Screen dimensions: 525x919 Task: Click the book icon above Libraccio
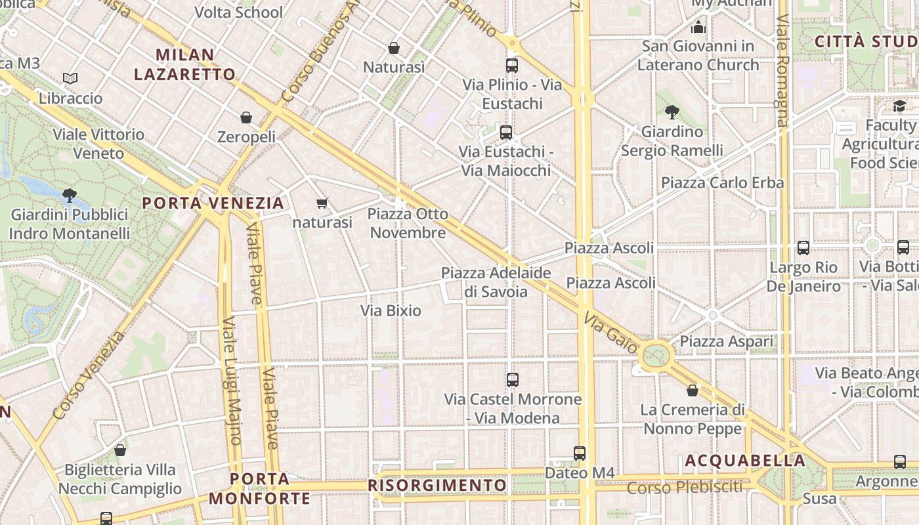(70, 79)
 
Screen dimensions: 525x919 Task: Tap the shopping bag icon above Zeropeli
(246, 117)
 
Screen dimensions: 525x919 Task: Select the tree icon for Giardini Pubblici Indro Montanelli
(69, 195)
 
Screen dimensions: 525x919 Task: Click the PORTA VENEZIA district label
(213, 203)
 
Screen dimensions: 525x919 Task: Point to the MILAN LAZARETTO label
(184, 64)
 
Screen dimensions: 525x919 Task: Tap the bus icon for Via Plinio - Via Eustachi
(512, 66)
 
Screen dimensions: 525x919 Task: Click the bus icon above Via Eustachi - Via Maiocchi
(506, 133)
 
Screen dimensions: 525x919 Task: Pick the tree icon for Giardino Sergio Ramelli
(672, 112)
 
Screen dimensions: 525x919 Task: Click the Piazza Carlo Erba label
(722, 182)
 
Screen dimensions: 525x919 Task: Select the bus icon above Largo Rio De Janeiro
(803, 248)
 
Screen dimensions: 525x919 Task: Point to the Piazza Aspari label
(726, 341)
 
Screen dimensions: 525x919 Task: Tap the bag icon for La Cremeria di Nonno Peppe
(693, 390)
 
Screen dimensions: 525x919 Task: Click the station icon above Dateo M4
(580, 453)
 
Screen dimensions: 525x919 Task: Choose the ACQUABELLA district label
(745, 461)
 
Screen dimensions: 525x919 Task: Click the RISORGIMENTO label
(437, 486)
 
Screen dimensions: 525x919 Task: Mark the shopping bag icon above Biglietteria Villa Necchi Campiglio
(120, 450)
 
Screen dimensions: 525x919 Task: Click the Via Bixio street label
(391, 310)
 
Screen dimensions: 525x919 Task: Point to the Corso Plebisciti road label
(684, 488)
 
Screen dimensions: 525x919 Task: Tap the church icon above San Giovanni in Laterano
(698, 27)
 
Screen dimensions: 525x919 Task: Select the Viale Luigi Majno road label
(232, 381)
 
